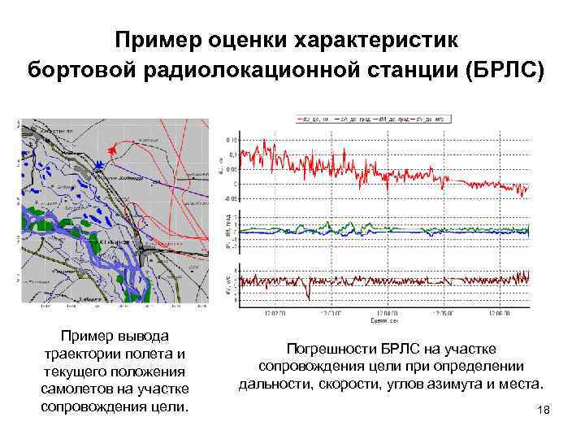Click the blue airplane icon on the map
[99, 165]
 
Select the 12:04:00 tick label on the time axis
[387, 311]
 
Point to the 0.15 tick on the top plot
[232, 141]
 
